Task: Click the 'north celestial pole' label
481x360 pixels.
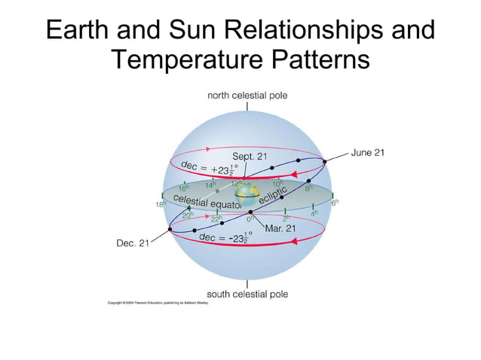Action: tap(247, 96)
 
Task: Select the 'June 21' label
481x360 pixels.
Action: tap(367, 152)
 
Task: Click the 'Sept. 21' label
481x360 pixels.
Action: tap(249, 156)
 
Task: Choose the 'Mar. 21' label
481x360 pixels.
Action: tap(279, 227)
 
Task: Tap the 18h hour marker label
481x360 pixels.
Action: tap(159, 205)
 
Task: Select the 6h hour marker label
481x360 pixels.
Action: tap(335, 203)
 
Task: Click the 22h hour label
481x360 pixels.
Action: tap(216, 218)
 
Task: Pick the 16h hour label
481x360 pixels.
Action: tap(183, 188)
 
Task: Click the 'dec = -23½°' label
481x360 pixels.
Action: tap(225, 236)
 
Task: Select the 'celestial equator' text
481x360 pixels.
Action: tap(207, 201)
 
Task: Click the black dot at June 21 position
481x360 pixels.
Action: tap(325, 160)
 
